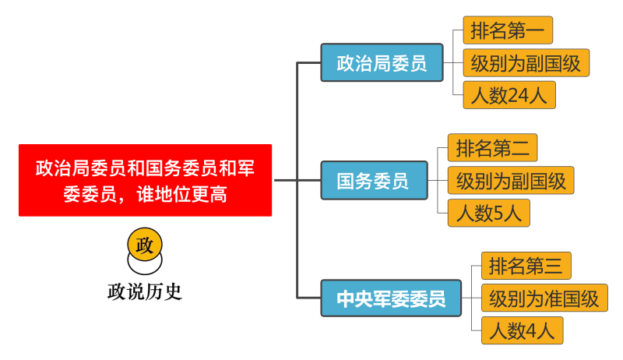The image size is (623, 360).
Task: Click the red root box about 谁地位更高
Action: click(x=145, y=180)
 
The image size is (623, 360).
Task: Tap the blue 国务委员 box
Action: click(x=374, y=181)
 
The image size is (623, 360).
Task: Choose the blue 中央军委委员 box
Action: click(x=390, y=298)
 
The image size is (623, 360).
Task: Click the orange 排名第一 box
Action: click(x=507, y=30)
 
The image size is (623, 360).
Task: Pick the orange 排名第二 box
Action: click(x=492, y=146)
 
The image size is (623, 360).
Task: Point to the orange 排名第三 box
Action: click(x=526, y=266)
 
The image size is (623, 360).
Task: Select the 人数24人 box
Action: click(x=509, y=95)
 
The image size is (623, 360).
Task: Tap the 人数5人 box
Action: click(x=488, y=212)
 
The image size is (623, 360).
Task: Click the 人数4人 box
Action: click(x=521, y=331)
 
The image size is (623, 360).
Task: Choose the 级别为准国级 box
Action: click(x=544, y=298)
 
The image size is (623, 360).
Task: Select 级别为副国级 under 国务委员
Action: click(x=511, y=180)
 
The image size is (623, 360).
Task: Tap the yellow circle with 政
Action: click(x=145, y=244)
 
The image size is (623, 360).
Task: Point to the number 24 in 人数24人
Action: click(x=518, y=95)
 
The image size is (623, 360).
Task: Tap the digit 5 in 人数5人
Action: click(x=499, y=212)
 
